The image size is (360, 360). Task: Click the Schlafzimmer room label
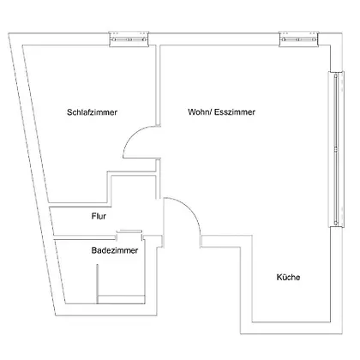pyautogui.click(x=92, y=112)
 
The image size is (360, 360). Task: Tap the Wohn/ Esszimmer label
pyautogui.click(x=221, y=111)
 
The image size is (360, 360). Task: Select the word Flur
pyautogui.click(x=99, y=216)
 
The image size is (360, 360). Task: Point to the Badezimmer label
pyautogui.click(x=115, y=250)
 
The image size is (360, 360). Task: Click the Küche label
pyautogui.click(x=288, y=277)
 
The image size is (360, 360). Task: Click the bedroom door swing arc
pyautogui.click(x=132, y=135)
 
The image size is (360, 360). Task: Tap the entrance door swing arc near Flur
pyautogui.click(x=190, y=208)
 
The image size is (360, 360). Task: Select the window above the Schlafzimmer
pyautogui.click(x=129, y=39)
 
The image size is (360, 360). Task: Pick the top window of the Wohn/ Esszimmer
pyautogui.click(x=299, y=39)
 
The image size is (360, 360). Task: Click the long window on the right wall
pyautogui.click(x=336, y=149)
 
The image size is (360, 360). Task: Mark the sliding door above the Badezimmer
pyautogui.click(x=129, y=231)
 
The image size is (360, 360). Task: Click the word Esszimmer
pyautogui.click(x=235, y=111)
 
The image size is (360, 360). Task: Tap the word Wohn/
pyautogui.click(x=200, y=111)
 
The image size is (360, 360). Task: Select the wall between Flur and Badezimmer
pyautogui.click(x=84, y=237)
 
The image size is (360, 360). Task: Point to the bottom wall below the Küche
pyautogui.click(x=291, y=328)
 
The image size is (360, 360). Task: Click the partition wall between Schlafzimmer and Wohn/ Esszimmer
pyautogui.click(x=158, y=85)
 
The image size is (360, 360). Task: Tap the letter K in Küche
pyautogui.click(x=279, y=277)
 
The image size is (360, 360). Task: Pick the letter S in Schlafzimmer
pyautogui.click(x=69, y=112)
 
